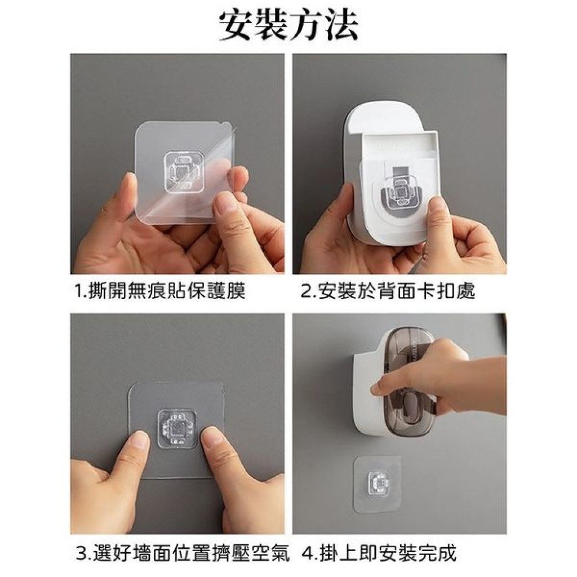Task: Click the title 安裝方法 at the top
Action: pos(288,26)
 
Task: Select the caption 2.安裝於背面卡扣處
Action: pos(388,291)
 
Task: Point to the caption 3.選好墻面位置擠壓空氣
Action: pos(183,553)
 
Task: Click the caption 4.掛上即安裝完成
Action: pos(379,553)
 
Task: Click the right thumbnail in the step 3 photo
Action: pos(210,439)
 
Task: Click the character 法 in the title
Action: pos(340,26)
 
